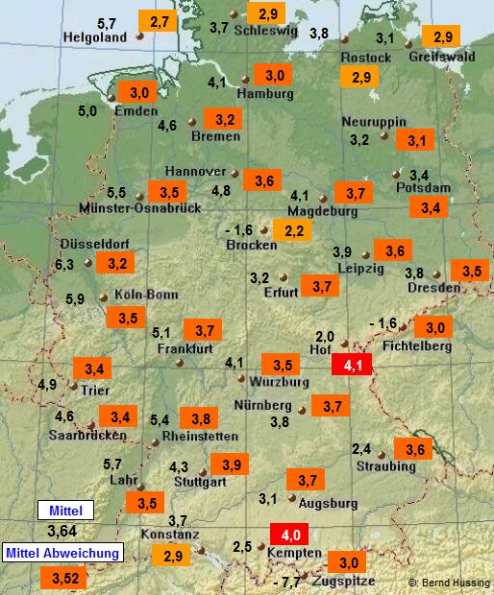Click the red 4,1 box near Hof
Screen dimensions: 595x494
[x=348, y=365]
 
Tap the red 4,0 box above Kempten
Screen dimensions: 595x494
[x=287, y=534]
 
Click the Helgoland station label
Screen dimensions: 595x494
[x=95, y=37]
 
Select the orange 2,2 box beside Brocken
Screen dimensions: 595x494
[x=291, y=230]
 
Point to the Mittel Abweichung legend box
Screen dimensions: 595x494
[x=64, y=553]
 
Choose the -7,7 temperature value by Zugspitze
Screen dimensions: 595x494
[x=286, y=582]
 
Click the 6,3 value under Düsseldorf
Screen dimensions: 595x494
[x=64, y=264]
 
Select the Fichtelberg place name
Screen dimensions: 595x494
[x=416, y=345]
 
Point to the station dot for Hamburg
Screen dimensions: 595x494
[x=245, y=80]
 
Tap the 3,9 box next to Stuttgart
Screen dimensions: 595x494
[x=231, y=464]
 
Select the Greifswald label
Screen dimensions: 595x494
[x=442, y=57]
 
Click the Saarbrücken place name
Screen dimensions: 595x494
[x=87, y=435]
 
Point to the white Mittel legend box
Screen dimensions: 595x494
[x=66, y=510]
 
